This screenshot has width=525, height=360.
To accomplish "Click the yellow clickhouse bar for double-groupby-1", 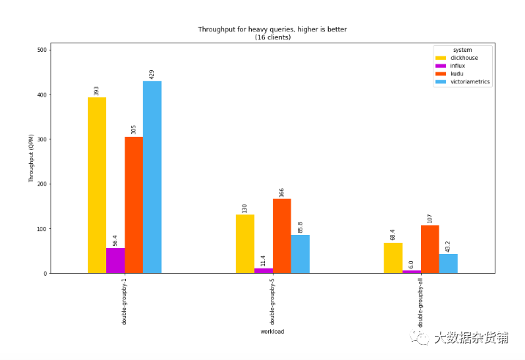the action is pyautogui.click(x=97, y=185).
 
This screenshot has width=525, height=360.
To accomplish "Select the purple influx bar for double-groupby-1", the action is pyautogui.click(x=116, y=260).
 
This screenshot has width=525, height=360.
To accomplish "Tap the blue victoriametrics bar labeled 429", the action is pyautogui.click(x=152, y=177).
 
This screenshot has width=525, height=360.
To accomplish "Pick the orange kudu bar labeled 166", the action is pyautogui.click(x=282, y=236).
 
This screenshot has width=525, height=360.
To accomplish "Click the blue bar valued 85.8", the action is pyautogui.click(x=300, y=255).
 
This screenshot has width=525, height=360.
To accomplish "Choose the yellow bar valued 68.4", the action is pyautogui.click(x=393, y=258).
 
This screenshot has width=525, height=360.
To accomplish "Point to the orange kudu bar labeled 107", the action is pyautogui.click(x=430, y=250).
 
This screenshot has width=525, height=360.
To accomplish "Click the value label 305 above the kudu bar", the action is pyautogui.click(x=133, y=130).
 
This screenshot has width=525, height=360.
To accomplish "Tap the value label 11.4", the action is pyautogui.click(x=263, y=261).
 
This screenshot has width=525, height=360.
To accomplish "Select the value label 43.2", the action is pyautogui.click(x=448, y=247).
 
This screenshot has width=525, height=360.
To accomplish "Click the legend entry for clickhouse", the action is pyautogui.click(x=457, y=58).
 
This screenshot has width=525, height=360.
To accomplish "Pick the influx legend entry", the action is pyautogui.click(x=450, y=66).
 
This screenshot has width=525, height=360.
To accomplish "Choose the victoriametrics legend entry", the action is pyautogui.click(x=462, y=82).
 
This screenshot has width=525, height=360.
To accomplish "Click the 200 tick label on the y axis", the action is pyautogui.click(x=42, y=184).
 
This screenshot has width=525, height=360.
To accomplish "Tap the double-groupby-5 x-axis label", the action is pyautogui.click(x=272, y=301).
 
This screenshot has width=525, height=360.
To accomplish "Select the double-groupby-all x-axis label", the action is pyautogui.click(x=420, y=302).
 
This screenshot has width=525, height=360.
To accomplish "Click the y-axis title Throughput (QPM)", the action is pyautogui.click(x=31, y=158).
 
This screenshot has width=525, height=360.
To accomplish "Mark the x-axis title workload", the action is pyautogui.click(x=272, y=331).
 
